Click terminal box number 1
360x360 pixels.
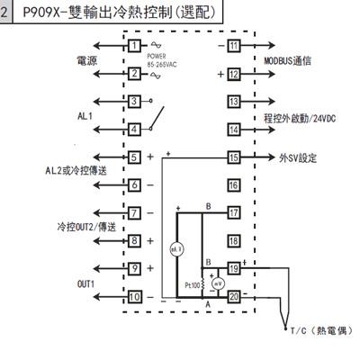coord(133,45)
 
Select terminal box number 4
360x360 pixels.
coord(133,129)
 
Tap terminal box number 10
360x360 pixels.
coord(133,296)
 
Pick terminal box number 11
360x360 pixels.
coord(233,45)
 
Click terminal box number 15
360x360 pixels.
coord(233,157)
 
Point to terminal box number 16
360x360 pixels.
coord(233,184)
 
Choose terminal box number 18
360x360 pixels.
coord(233,240)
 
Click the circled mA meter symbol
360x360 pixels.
coord(176,247)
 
